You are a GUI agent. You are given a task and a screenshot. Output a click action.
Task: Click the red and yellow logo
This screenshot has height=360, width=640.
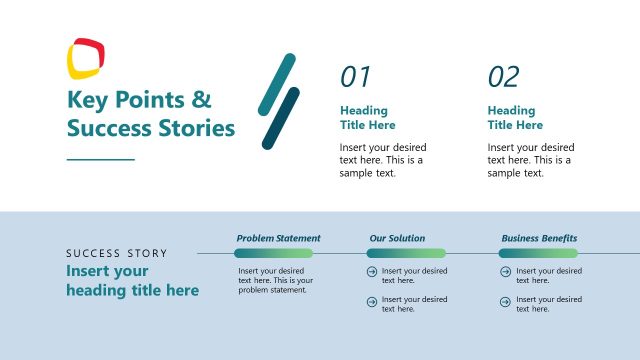(86, 57)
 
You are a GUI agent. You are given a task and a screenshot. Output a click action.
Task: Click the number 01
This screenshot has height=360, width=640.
(355, 77)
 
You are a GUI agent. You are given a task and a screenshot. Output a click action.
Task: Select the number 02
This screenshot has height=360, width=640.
(503, 77)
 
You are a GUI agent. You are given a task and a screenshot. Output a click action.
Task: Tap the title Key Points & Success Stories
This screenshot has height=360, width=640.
(150, 114)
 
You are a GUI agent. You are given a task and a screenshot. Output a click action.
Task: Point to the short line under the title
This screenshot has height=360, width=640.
(100, 158)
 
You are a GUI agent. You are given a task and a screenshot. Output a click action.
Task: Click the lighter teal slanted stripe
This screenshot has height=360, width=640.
(277, 84)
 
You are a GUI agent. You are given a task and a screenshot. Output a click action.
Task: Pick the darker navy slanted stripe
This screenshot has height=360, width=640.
(281, 119)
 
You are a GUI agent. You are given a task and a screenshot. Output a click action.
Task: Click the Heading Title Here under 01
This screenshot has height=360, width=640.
(367, 118)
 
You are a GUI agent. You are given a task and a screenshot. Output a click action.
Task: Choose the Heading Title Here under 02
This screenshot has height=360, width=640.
(515, 118)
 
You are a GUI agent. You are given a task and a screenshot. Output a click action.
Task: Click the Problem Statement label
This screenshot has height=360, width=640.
(278, 238)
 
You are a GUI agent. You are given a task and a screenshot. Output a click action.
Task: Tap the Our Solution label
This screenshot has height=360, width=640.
(397, 238)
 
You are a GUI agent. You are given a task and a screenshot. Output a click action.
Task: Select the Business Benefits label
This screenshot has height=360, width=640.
(538, 238)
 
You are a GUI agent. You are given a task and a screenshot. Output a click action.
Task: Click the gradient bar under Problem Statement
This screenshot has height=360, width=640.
(274, 253)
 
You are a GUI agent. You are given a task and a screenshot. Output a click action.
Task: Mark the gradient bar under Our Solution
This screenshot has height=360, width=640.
(406, 253)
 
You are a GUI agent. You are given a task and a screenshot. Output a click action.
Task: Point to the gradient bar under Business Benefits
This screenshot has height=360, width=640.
(538, 253)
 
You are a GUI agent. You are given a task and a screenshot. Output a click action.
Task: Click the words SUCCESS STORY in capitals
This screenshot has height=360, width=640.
(117, 253)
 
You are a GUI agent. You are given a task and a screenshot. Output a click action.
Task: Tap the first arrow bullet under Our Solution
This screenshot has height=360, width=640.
(372, 272)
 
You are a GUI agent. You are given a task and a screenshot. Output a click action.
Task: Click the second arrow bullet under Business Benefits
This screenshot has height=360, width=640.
(504, 300)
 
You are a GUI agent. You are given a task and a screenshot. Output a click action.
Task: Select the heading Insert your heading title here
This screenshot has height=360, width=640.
(132, 281)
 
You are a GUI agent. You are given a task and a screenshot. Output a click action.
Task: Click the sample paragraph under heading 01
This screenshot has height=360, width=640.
(383, 160)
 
